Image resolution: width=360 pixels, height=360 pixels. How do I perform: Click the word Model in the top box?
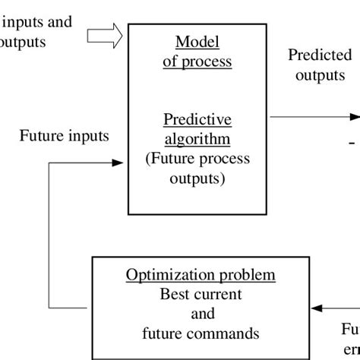coord(197,42)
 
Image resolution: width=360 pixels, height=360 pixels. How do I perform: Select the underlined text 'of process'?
coord(197,62)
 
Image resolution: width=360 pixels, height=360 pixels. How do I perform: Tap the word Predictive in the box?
coord(197,121)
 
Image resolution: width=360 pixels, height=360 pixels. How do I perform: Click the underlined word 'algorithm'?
coord(197,140)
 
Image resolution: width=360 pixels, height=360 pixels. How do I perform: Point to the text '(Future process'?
coord(197,159)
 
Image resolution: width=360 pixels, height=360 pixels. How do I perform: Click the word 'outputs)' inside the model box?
coord(197,178)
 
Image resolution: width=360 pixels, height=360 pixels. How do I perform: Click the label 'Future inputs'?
coord(64,137)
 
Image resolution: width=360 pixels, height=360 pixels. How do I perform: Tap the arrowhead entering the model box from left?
coord(118,163)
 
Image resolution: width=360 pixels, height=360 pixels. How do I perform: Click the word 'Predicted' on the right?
coord(320,55)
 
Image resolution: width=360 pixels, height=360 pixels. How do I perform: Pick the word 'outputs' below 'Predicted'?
coord(320,76)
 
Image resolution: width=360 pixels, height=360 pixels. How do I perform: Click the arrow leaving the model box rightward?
coord(311,117)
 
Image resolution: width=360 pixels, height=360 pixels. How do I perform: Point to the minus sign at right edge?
coord(352,141)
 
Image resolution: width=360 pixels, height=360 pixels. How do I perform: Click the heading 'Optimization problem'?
coord(200,275)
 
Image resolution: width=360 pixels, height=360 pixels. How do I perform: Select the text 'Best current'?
coord(200,294)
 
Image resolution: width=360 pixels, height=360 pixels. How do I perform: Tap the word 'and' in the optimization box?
coord(200,313)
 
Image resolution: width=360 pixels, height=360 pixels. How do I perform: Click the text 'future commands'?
coord(200,333)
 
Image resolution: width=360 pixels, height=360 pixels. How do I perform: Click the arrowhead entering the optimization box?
coord(317,308)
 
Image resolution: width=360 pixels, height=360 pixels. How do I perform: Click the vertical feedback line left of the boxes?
coord(49,228)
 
